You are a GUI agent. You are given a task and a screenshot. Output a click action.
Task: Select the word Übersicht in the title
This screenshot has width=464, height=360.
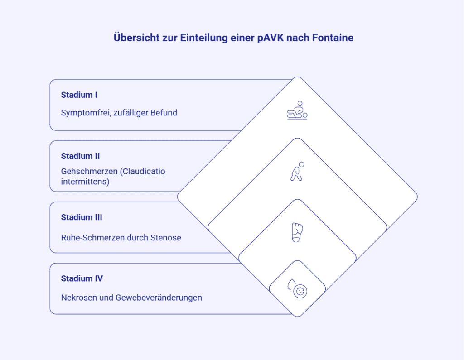pyautogui.click(x=137, y=38)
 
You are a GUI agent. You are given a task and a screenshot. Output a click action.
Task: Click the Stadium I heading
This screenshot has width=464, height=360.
pyautogui.click(x=79, y=95)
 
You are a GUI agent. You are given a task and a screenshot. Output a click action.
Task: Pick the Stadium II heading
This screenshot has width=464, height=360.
pyautogui.click(x=80, y=156)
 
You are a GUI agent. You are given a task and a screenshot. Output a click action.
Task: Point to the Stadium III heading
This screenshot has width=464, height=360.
pyautogui.click(x=82, y=217)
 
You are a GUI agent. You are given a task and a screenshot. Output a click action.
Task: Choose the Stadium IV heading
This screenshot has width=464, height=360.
pyautogui.click(x=82, y=278)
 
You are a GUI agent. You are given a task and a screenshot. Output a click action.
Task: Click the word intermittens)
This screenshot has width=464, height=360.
pyautogui.click(x=85, y=182)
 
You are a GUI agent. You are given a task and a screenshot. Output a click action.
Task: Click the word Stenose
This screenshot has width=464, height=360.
pyautogui.click(x=166, y=238)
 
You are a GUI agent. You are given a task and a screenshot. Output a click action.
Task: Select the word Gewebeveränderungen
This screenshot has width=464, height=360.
pyautogui.click(x=159, y=298)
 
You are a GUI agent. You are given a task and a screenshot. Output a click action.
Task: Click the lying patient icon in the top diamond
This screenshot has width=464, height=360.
pyautogui.click(x=297, y=110)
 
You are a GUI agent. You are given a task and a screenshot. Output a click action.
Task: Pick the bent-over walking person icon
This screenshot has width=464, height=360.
pyautogui.click(x=297, y=171)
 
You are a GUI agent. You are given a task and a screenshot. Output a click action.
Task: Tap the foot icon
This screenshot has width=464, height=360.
pyautogui.click(x=297, y=232)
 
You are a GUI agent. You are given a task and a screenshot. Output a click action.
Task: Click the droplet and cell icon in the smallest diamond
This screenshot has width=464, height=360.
pyautogui.click(x=297, y=288)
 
